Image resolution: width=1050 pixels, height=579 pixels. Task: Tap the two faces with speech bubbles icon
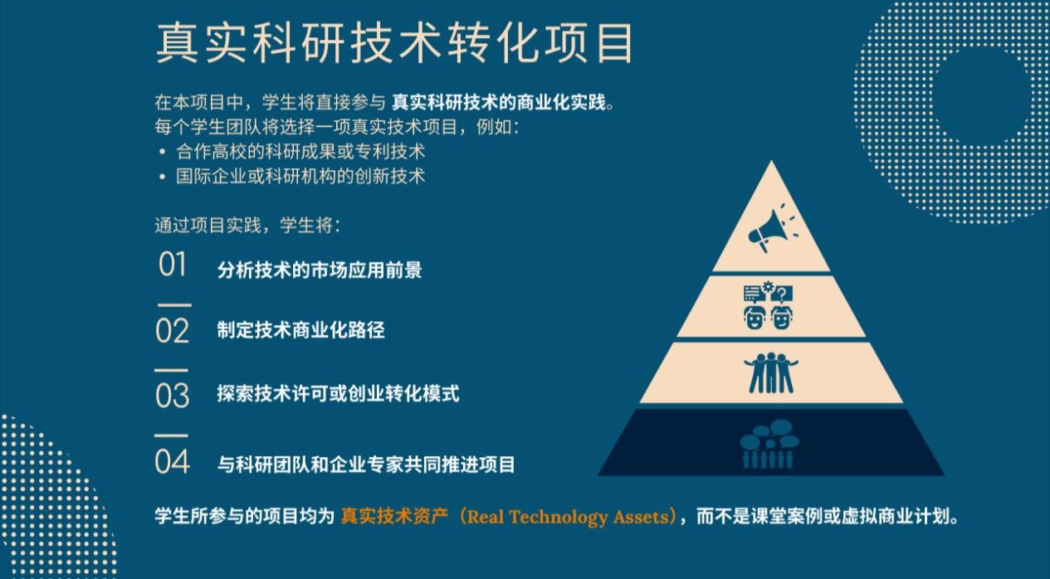[x=769, y=305]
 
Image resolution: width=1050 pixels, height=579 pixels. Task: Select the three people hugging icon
[x=771, y=373]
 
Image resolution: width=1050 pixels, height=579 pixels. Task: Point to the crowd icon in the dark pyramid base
[x=769, y=444]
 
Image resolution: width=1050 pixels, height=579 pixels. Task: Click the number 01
[x=173, y=265]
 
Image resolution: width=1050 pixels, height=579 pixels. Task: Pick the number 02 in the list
[x=172, y=331]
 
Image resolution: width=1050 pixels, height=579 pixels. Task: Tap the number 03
[x=172, y=396]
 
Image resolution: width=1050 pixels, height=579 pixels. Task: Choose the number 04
[x=172, y=461]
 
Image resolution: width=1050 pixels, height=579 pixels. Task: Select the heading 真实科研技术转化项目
[x=394, y=43]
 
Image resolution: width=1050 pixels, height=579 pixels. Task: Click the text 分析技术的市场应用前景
[x=320, y=270]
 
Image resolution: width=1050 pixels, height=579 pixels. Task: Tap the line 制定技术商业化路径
[x=301, y=330]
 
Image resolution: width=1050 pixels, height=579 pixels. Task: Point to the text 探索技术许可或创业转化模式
[x=338, y=393]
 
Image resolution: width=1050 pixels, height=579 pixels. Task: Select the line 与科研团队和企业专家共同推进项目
[x=366, y=465]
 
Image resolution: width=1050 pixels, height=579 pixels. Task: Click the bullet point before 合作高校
[x=162, y=152]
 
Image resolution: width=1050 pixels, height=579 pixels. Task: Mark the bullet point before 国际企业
[x=162, y=177]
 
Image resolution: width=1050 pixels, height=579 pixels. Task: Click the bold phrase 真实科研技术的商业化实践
[x=499, y=103]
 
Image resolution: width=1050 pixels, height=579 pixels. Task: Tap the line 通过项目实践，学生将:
[x=248, y=226]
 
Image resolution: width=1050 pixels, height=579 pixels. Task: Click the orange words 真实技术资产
[x=394, y=516]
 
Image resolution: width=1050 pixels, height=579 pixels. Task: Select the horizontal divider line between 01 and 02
[x=174, y=305]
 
